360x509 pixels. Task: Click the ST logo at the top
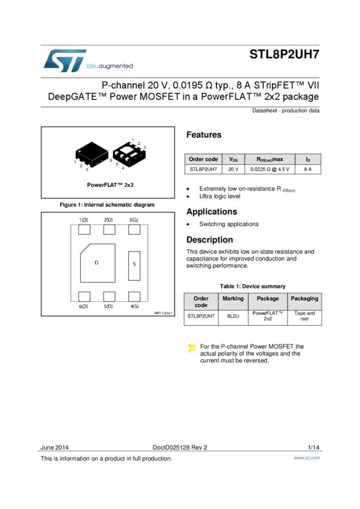point(65,61)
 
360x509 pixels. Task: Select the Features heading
point(204,135)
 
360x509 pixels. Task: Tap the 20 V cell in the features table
point(233,169)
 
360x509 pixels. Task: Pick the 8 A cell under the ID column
point(307,169)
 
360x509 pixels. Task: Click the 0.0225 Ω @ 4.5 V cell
point(270,169)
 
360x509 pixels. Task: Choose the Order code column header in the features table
point(203,159)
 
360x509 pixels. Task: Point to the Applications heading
point(211,211)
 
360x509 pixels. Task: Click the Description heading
point(209,240)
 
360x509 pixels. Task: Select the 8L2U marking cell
point(233,316)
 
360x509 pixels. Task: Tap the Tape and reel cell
point(304,316)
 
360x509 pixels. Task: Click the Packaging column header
point(304,298)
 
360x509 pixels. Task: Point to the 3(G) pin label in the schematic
point(134,220)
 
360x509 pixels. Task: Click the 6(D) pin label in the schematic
point(83,306)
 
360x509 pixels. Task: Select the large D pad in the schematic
point(97,263)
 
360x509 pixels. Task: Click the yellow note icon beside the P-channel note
point(192,348)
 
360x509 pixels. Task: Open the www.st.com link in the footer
point(306,458)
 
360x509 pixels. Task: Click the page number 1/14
point(313,447)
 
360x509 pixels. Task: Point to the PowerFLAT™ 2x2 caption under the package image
point(110,185)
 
